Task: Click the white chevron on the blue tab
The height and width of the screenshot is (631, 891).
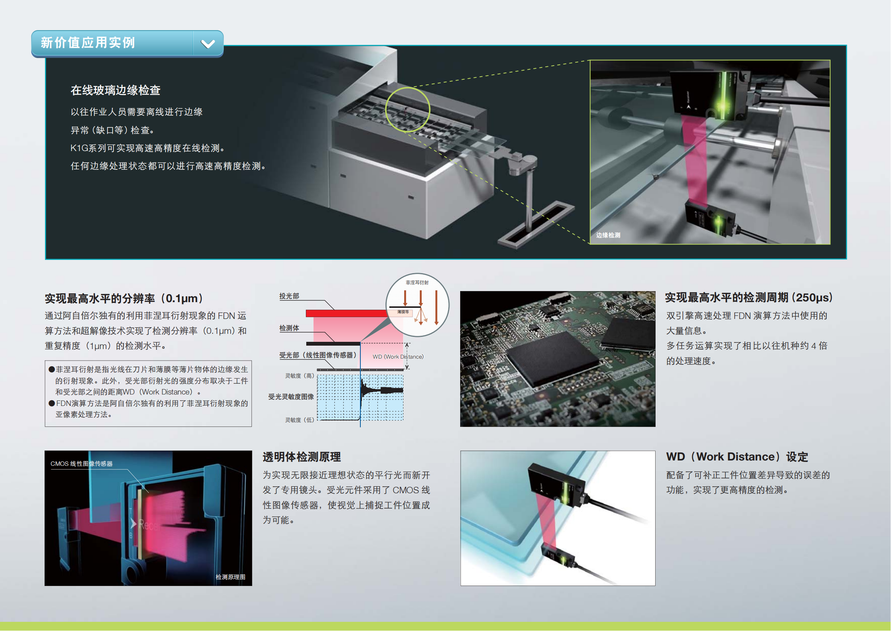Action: pyautogui.click(x=208, y=43)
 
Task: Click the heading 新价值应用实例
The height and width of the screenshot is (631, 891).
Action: pyautogui.click(x=88, y=42)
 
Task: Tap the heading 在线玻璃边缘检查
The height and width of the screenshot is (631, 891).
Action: pyautogui.click(x=116, y=90)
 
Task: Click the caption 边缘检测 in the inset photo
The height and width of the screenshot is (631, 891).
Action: pyautogui.click(x=608, y=235)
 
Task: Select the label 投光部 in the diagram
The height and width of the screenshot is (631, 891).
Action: pyautogui.click(x=289, y=296)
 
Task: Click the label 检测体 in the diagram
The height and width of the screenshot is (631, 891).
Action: pyautogui.click(x=289, y=328)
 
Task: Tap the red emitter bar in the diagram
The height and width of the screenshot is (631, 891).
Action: pyautogui.click(x=347, y=313)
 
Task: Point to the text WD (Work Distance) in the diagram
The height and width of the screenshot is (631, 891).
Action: pyautogui.click(x=398, y=357)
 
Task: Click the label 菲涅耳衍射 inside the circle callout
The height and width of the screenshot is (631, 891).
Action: pyautogui.click(x=417, y=282)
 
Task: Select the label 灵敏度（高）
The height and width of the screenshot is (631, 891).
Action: pyautogui.click(x=299, y=376)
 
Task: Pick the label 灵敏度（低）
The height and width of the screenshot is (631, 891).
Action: pyautogui.click(x=299, y=420)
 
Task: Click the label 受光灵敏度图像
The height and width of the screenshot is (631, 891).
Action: pyautogui.click(x=291, y=397)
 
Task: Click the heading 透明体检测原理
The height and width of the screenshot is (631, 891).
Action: pyautogui.click(x=302, y=457)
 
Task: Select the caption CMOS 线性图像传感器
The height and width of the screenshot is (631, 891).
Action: pyautogui.click(x=82, y=464)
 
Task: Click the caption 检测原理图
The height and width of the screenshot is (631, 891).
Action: pyautogui.click(x=230, y=577)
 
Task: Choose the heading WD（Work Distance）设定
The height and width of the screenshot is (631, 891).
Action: pyautogui.click(x=737, y=457)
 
